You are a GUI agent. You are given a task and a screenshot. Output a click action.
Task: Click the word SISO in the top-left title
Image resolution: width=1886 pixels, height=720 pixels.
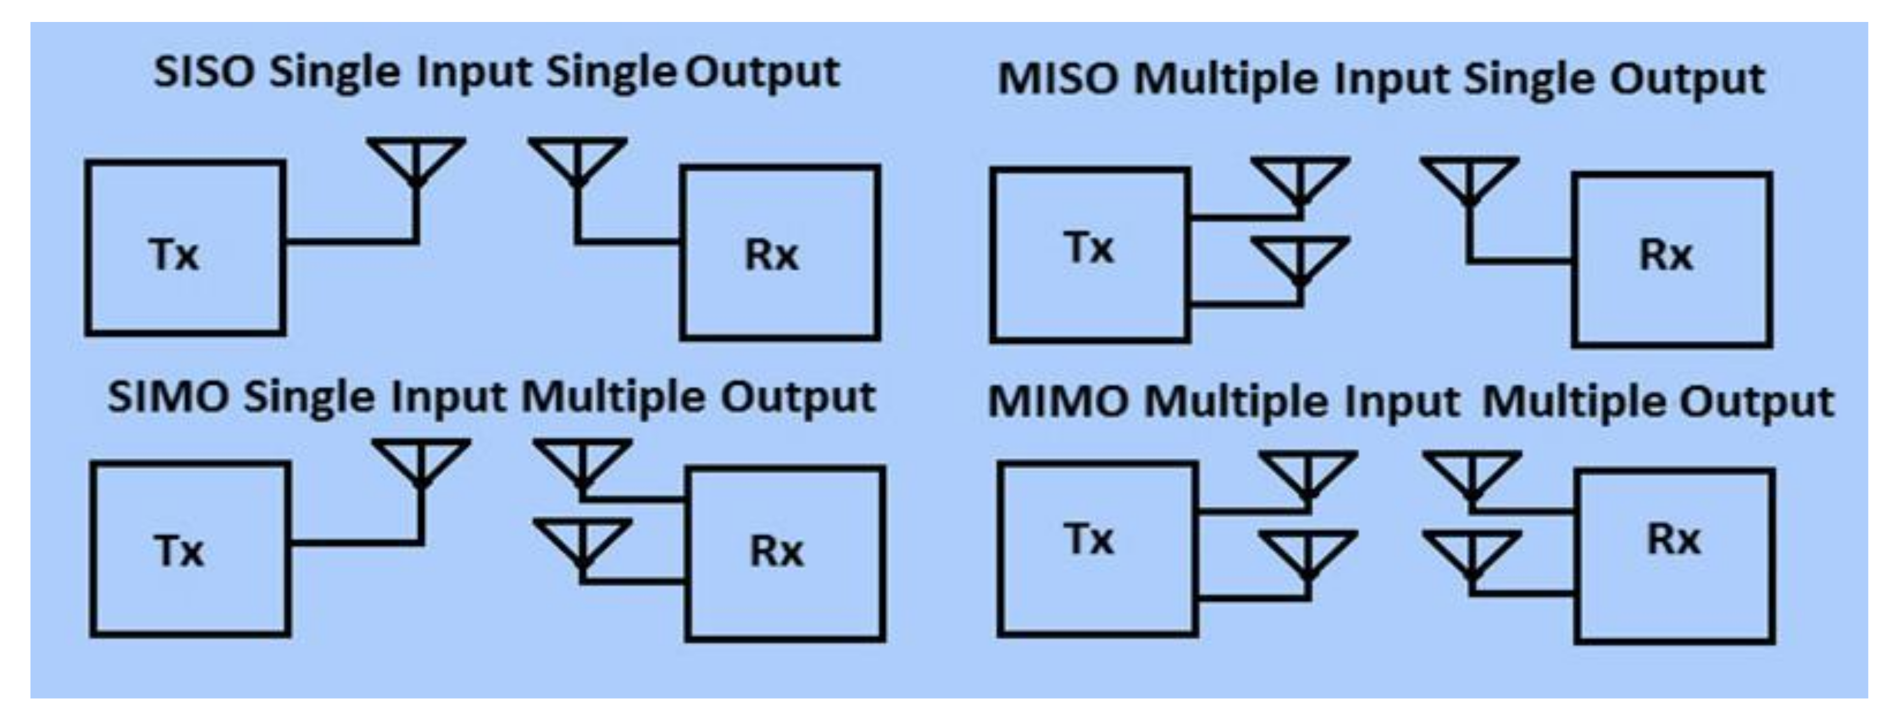click(x=203, y=72)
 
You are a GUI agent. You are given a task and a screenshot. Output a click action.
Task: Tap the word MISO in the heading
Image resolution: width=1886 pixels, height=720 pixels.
click(x=1057, y=79)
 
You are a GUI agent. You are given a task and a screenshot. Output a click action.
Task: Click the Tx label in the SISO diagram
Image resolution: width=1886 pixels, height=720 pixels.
click(x=174, y=255)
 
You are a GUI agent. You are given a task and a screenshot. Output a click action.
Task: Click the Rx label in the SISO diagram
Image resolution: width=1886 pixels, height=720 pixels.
click(x=771, y=255)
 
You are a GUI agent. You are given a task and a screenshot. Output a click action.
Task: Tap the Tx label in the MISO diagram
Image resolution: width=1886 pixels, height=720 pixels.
click(x=1089, y=248)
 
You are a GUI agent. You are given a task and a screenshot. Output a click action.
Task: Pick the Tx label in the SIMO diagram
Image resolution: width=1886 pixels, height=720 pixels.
click(x=179, y=551)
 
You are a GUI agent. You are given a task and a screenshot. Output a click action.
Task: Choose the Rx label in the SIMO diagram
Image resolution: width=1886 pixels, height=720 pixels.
click(x=776, y=551)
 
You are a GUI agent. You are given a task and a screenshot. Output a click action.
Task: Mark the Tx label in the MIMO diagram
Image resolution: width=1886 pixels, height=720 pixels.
click(x=1089, y=540)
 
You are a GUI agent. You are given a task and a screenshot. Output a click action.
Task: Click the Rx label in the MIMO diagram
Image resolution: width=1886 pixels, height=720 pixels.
click(x=1673, y=540)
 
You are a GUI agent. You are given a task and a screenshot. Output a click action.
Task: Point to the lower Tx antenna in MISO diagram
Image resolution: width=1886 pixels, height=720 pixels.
click(x=1300, y=260)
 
